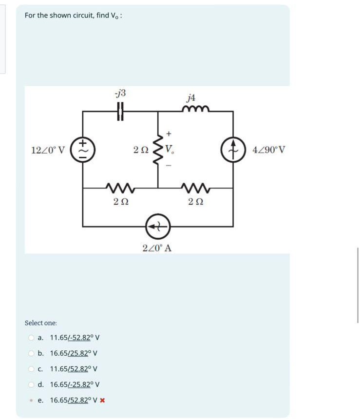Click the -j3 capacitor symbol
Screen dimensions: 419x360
point(120,112)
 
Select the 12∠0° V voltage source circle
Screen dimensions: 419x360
point(83,149)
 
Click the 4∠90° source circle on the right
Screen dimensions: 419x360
point(233,149)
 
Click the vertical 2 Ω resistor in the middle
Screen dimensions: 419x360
point(158,149)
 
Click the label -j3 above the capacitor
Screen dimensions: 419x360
point(120,93)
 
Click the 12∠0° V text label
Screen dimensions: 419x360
point(48,150)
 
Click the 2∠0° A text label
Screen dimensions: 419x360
point(157,248)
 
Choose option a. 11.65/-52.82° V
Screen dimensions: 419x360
point(75,338)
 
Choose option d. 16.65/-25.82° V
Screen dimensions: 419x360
point(75,384)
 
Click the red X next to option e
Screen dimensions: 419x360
point(103,400)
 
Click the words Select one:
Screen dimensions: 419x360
point(41,323)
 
